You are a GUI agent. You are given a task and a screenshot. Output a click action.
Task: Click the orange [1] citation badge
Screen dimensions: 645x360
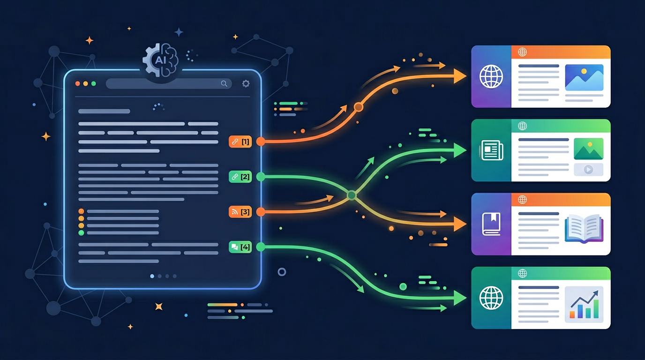coord(240,141)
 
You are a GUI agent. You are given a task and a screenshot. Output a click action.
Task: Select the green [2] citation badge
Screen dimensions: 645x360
coord(240,177)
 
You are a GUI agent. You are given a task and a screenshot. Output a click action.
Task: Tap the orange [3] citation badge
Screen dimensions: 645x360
coord(240,212)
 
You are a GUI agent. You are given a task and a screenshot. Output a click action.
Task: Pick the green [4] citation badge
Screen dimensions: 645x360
coord(240,247)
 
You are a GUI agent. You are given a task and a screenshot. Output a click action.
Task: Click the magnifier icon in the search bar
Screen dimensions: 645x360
coord(224,83)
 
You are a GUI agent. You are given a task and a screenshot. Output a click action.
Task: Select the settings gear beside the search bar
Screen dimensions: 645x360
coord(246,83)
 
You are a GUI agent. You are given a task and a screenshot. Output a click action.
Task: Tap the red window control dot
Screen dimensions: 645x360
coord(78,83)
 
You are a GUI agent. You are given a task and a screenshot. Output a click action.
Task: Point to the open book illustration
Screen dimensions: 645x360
coord(583,228)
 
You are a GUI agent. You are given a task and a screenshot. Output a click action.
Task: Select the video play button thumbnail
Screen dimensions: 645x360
coord(588,170)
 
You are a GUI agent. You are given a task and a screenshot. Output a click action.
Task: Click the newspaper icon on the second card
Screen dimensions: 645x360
coord(491,150)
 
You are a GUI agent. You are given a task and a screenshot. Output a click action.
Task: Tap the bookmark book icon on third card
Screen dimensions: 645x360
coord(491,224)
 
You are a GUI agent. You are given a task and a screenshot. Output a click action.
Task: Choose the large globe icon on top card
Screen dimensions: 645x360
coord(491,76)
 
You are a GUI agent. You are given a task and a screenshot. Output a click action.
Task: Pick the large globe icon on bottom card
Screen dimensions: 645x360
coord(491,298)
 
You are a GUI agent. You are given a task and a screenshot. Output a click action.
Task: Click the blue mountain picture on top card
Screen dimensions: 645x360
coord(584,77)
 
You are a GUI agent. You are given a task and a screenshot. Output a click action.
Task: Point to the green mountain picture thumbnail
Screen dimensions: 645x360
coord(588,149)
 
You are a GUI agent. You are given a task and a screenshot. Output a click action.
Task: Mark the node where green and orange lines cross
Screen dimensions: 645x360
coord(351,195)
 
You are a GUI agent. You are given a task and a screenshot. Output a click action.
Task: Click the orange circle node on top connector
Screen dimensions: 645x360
coord(359,107)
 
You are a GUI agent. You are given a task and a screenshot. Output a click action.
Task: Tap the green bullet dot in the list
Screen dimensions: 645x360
coord(81,232)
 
